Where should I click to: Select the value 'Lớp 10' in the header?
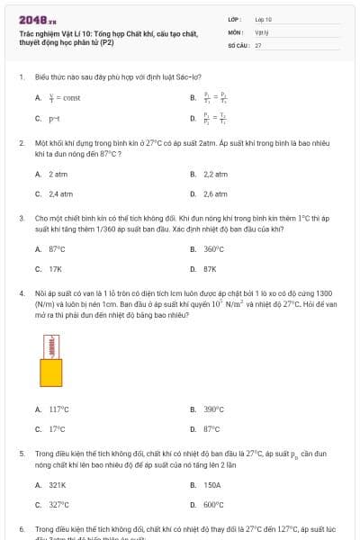pos(264,18)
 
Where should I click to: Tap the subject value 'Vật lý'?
pos(261,31)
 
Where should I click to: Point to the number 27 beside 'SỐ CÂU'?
pos(258,44)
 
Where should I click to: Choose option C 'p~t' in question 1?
pos(53,118)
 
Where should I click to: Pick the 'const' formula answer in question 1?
pos(65,97)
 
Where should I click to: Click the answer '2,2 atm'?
pos(215,174)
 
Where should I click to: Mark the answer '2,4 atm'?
pos(59,193)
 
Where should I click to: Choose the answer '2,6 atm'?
pos(215,193)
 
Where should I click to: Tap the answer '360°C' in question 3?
pos(213,249)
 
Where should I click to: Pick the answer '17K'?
pos(55,269)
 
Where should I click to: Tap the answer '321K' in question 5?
pos(58,485)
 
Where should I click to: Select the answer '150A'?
pos(212,485)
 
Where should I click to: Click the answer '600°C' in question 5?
pos(213,505)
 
